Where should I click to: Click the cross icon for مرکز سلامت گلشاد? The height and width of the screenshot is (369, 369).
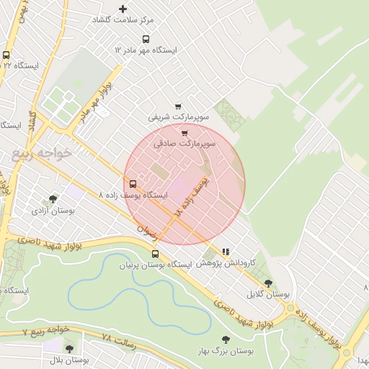pyautogui.click(x=123, y=9)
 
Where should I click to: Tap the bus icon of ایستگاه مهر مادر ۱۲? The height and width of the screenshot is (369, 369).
pyautogui.click(x=146, y=39)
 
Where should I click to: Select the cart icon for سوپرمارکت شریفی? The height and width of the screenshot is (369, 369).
pyautogui.click(x=178, y=107)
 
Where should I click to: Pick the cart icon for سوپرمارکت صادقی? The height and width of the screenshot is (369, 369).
pyautogui.click(x=185, y=133)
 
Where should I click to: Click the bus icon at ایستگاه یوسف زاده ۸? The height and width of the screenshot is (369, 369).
pyautogui.click(x=133, y=183)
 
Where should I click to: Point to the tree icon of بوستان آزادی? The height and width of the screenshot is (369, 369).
pyautogui.click(x=52, y=199)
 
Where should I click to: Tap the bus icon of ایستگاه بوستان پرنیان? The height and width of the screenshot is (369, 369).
pyautogui.click(x=155, y=254)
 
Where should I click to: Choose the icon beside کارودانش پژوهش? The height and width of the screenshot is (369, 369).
pyautogui.click(x=226, y=252)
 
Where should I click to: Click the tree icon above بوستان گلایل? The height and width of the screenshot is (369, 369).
pyautogui.click(x=269, y=283)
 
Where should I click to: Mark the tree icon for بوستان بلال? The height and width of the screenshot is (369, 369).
pyautogui.click(x=69, y=349)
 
